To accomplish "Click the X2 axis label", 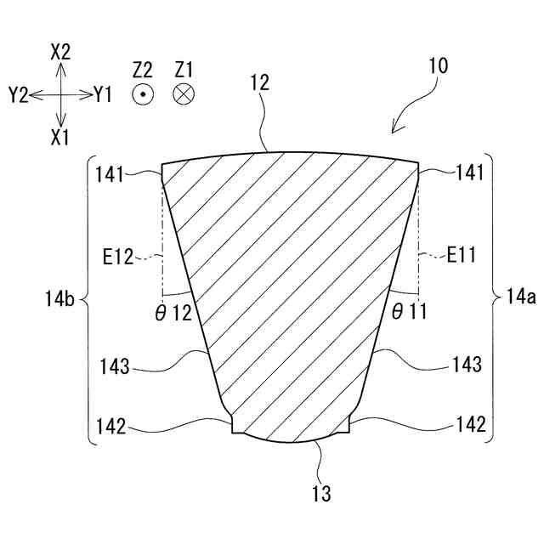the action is pos(60,52).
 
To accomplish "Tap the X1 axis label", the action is pos(60,137).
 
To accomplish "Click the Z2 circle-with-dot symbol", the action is pos(142,95).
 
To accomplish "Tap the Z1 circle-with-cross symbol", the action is pos(183,95).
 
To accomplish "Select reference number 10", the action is pos(439,66).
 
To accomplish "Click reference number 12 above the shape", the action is pos(260,82).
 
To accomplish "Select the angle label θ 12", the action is pos(173,312).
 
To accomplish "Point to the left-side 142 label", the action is pos(110,425).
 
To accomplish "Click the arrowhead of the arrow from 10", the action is pos(394,130).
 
